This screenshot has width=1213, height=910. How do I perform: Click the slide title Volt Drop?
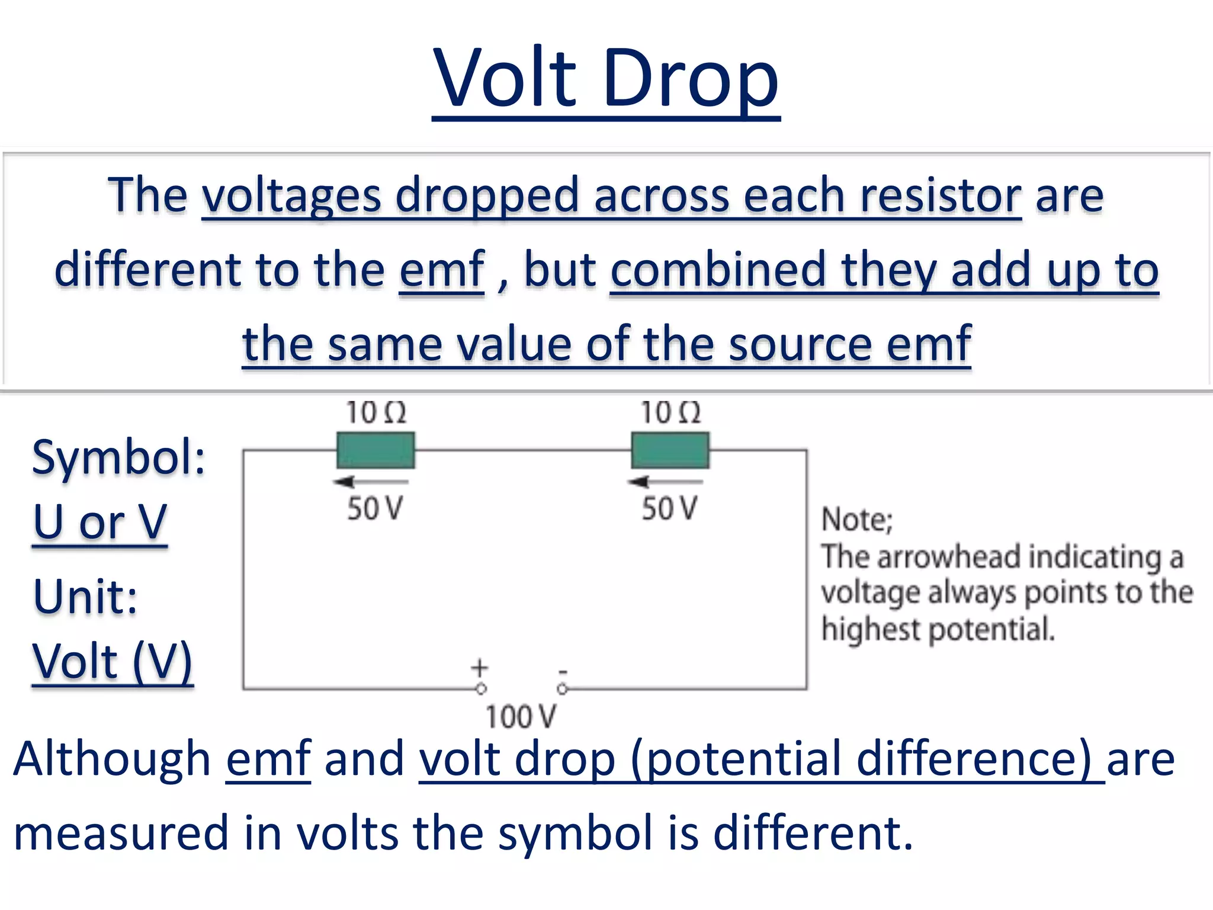click(x=605, y=79)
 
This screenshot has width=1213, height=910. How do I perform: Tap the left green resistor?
click(x=376, y=450)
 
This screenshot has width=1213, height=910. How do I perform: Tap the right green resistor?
click(x=670, y=450)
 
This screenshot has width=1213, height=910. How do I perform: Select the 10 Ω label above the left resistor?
click(x=376, y=412)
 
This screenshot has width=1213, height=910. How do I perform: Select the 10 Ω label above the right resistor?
click(x=670, y=412)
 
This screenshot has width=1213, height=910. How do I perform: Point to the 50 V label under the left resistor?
click(x=375, y=508)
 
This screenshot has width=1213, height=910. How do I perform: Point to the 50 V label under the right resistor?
click(x=669, y=508)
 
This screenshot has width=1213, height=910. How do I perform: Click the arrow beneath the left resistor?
click(x=370, y=482)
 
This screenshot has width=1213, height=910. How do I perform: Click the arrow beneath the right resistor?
click(x=665, y=482)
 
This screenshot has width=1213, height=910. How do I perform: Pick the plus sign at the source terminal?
click(x=480, y=668)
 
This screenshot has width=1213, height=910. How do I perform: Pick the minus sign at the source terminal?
click(x=563, y=672)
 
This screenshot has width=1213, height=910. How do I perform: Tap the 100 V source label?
click(x=521, y=717)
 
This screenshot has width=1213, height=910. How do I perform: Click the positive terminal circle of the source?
click(x=481, y=689)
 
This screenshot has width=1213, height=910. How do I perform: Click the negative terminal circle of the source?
click(x=562, y=689)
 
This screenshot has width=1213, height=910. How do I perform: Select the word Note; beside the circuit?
click(x=856, y=520)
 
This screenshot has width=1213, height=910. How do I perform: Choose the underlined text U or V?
click(x=100, y=523)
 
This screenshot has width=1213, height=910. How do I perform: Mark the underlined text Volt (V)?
click(x=113, y=662)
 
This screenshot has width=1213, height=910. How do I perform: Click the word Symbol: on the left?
click(x=118, y=457)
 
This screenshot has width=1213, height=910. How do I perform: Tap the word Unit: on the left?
click(x=85, y=596)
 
